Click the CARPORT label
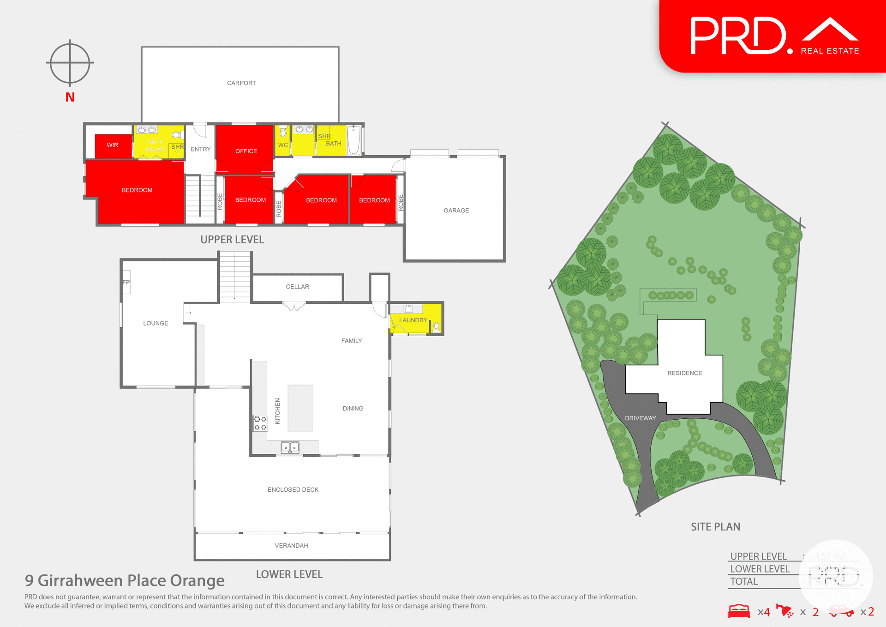(x=241, y=83)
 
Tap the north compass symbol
(x=70, y=63)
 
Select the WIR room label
(x=113, y=145)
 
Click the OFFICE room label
(x=246, y=151)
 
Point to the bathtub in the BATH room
(x=354, y=140)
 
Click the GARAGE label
(x=456, y=211)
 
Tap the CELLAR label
(x=297, y=287)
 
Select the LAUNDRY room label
(x=413, y=320)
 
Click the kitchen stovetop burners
(x=260, y=423)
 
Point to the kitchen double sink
(x=290, y=447)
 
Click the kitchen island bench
(x=300, y=408)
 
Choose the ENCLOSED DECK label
(x=293, y=489)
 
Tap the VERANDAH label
(x=291, y=546)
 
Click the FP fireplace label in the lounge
(x=126, y=282)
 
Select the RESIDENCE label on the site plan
(x=684, y=373)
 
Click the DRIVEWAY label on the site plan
(x=640, y=418)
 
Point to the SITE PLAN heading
(x=715, y=527)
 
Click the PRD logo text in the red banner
(x=738, y=36)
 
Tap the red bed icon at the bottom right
(x=739, y=611)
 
